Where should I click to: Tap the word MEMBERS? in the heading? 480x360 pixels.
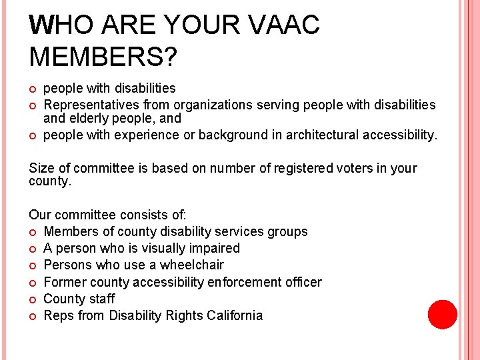(103, 57)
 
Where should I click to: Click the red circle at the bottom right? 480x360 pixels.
(442, 315)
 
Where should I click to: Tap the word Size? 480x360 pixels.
(42, 168)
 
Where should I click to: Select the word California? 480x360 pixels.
(232, 315)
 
